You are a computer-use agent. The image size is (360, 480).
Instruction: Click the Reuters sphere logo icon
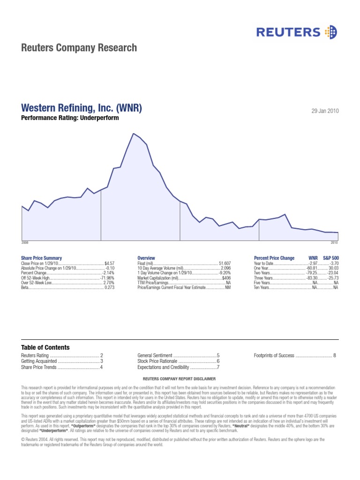click(x=330, y=32)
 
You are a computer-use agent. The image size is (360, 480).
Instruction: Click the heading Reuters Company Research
click(x=79, y=48)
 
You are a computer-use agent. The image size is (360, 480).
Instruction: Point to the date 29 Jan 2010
click(x=325, y=111)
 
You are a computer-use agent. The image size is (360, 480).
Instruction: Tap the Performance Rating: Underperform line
click(x=70, y=118)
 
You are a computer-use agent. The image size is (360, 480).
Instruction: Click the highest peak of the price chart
click(x=134, y=134)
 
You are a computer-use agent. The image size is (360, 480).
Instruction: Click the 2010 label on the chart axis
click(x=334, y=243)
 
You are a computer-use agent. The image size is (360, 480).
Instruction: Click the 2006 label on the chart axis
click(x=25, y=243)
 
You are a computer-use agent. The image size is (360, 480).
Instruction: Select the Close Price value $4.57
click(x=110, y=263)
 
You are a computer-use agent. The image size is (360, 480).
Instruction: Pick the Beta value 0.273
click(x=109, y=287)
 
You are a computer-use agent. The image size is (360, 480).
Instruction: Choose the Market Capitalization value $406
click(x=226, y=277)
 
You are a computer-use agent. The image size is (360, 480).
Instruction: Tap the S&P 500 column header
click(x=331, y=258)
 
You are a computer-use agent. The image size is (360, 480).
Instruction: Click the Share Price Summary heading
click(x=41, y=258)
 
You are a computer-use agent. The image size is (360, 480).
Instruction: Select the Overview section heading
click(x=146, y=258)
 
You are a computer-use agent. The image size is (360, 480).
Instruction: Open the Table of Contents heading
click(x=45, y=347)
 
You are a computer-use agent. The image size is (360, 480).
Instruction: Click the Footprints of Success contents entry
click(x=274, y=356)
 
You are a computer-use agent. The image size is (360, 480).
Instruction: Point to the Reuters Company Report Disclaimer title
click(x=180, y=378)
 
